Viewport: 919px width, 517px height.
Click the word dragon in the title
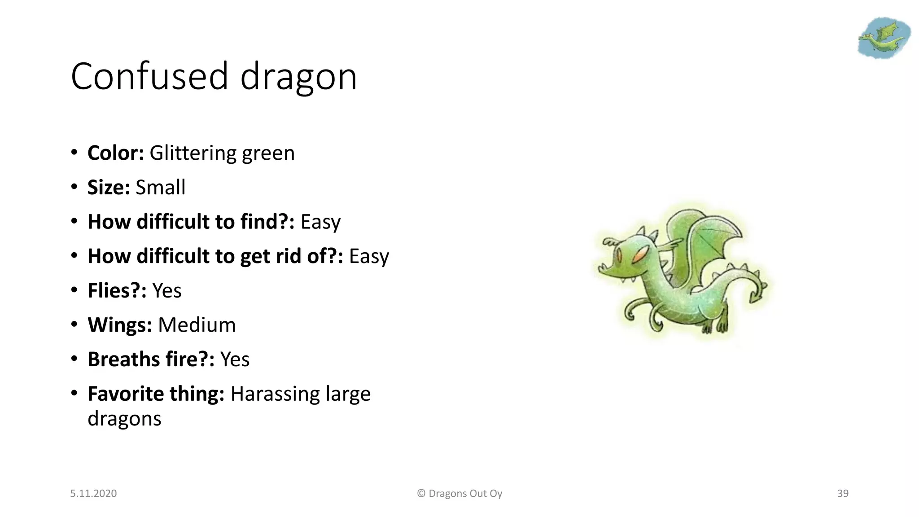pyautogui.click(x=298, y=77)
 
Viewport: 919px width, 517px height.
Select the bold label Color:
pyautogui.click(x=115, y=153)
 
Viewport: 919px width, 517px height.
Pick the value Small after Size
pyautogui.click(x=160, y=188)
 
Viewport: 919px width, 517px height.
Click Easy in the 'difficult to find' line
pyautogui.click(x=320, y=222)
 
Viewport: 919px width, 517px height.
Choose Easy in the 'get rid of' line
pyautogui.click(x=369, y=256)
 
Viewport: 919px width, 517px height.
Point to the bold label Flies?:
pyautogui.click(x=117, y=291)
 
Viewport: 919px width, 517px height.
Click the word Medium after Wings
pyautogui.click(x=197, y=325)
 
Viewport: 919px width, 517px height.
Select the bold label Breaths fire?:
pyautogui.click(x=151, y=359)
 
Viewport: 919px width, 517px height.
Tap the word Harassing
pyautogui.click(x=275, y=394)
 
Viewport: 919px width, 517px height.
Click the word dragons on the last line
pyautogui.click(x=124, y=419)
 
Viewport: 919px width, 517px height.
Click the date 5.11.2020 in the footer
pyautogui.click(x=93, y=493)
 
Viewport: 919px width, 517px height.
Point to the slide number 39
pyautogui.click(x=842, y=493)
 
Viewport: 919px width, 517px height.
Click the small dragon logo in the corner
pyautogui.click(x=883, y=38)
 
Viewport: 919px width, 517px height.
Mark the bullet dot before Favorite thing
pyautogui.click(x=74, y=394)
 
